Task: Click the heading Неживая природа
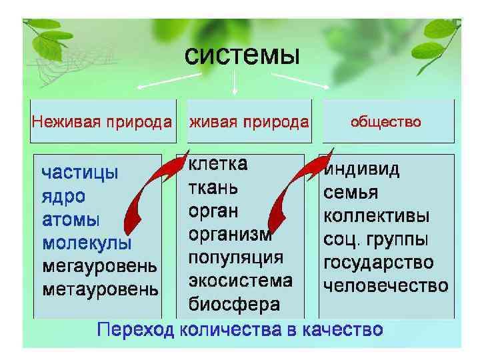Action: [101, 122]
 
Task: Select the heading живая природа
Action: [249, 122]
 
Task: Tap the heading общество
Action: [386, 122]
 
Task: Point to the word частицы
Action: [80, 173]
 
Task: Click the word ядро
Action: [64, 197]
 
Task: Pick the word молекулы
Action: [87, 243]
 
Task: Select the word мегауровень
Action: [100, 266]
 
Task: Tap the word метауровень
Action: [100, 289]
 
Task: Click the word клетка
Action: [218, 164]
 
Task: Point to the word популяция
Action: [236, 257]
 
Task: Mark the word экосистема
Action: [240, 281]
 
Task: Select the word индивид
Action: [362, 169]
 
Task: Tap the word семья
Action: [351, 193]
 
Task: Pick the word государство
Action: [378, 263]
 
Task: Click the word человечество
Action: [385, 287]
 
